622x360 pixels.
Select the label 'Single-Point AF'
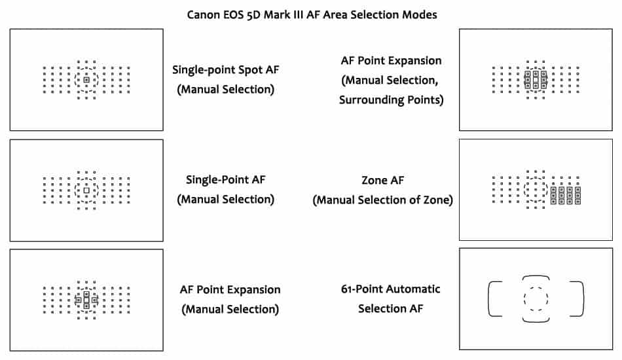pyautogui.click(x=226, y=179)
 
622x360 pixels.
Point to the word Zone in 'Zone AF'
pyautogui.click(x=374, y=180)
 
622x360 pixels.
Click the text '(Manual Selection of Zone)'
pyautogui.click(x=382, y=200)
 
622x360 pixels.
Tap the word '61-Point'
pyautogui.click(x=363, y=289)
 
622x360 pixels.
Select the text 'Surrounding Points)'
pyautogui.click(x=392, y=100)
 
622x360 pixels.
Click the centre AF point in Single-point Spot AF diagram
pyautogui.click(x=86, y=80)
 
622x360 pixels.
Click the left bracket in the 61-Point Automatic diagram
pyautogui.click(x=493, y=298)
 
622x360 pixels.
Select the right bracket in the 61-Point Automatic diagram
pyautogui.click(x=578, y=298)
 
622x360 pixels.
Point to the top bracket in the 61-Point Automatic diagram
pyautogui.click(x=536, y=278)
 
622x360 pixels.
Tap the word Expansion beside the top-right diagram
pyautogui.click(x=410, y=61)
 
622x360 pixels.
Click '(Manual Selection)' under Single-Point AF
pyautogui.click(x=226, y=198)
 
